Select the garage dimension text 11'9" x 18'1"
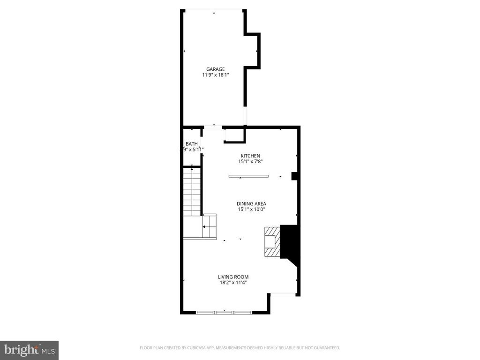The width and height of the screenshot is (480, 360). click(216, 75)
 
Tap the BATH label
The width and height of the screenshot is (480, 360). click(191, 144)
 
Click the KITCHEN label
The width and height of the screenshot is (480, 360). click(250, 156)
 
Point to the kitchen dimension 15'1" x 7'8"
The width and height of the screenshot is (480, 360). click(250, 162)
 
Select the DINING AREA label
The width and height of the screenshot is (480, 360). click(251, 204)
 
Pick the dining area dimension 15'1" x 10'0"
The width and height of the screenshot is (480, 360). click(251, 210)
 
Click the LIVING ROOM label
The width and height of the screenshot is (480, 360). click(233, 277)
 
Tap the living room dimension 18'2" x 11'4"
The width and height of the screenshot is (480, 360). click(233, 283)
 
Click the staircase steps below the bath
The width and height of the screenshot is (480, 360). click(192, 192)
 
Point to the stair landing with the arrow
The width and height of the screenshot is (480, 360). click(209, 227)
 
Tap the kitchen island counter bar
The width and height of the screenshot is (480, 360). click(248, 176)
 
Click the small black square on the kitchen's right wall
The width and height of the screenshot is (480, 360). click(295, 176)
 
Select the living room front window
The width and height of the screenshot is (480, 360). click(224, 312)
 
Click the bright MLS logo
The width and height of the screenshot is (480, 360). click(29, 350)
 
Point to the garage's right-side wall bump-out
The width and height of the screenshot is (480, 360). click(253, 51)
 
